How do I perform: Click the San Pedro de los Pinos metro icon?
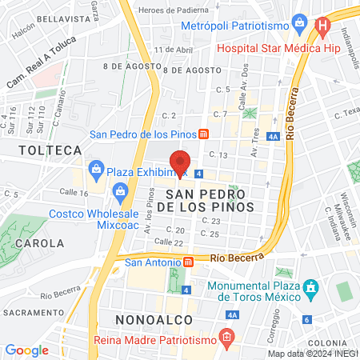tap(205, 134)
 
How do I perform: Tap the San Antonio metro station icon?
tap(188, 261)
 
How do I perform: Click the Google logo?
tap(27, 350)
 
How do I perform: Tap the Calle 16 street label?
tap(74, 193)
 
